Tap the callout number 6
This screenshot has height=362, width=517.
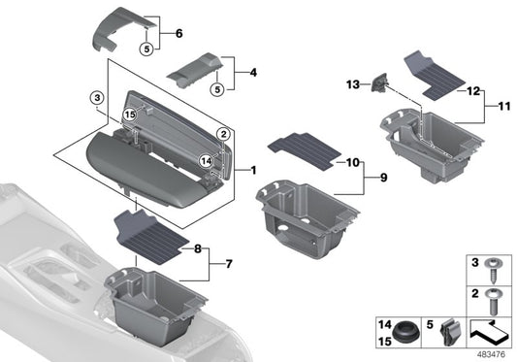[178, 32]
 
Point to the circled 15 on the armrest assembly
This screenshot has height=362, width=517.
[128, 114]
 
